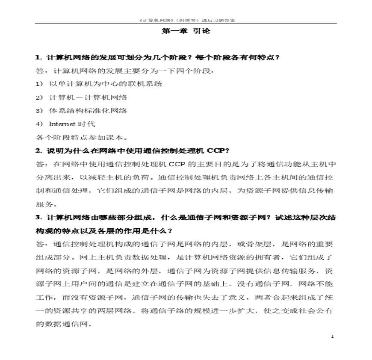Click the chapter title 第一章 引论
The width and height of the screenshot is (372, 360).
(x=186, y=31)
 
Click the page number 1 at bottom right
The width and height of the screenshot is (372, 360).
(x=332, y=337)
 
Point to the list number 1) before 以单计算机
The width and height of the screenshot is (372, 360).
(x=39, y=84)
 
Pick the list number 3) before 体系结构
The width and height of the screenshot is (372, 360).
(x=39, y=110)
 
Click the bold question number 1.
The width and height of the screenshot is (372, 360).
(x=38, y=57)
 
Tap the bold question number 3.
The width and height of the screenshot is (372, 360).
(x=38, y=217)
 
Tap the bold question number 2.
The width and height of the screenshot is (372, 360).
(x=38, y=150)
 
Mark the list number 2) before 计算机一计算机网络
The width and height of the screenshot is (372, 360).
(x=39, y=97)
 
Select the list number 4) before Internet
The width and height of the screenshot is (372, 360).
(x=39, y=124)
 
